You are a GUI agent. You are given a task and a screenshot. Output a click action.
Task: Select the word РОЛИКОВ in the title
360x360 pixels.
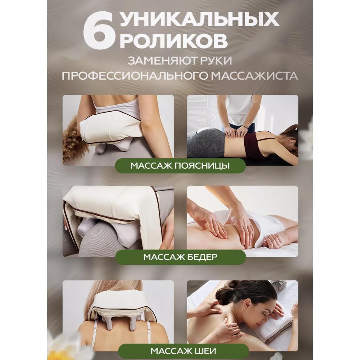point(174,41)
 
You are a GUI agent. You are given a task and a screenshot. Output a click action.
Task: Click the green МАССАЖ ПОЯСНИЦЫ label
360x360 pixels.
point(180,166)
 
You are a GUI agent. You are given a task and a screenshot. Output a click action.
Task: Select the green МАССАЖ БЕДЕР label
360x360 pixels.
point(180,257)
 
